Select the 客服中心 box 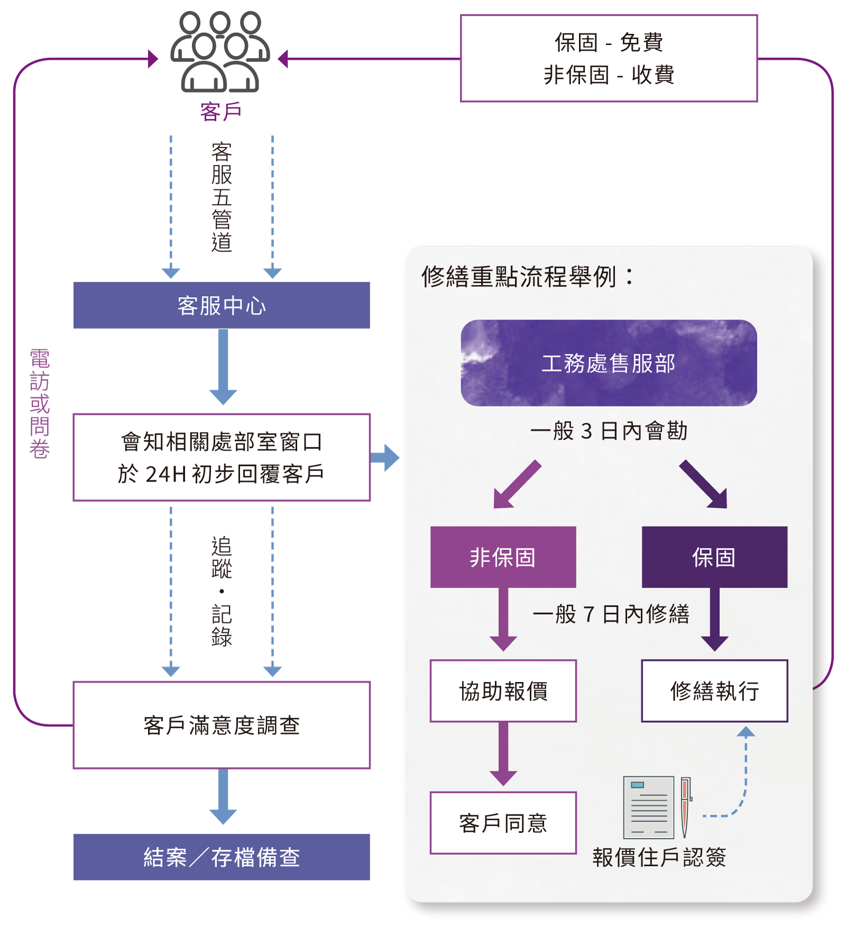coord(222,306)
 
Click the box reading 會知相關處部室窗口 coord(222,457)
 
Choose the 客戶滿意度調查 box coord(222,725)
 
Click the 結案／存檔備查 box coord(222,857)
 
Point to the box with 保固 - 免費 coord(609,58)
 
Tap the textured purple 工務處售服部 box coord(609,363)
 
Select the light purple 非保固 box coord(503,557)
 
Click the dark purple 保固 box coord(714,557)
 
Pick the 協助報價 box coord(503,691)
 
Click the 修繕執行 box coord(714,691)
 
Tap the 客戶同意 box coord(503,823)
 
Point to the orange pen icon coord(686,806)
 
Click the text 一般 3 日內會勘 coord(609,431)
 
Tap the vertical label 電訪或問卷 coord(40,404)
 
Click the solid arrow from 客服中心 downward coord(223,368)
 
